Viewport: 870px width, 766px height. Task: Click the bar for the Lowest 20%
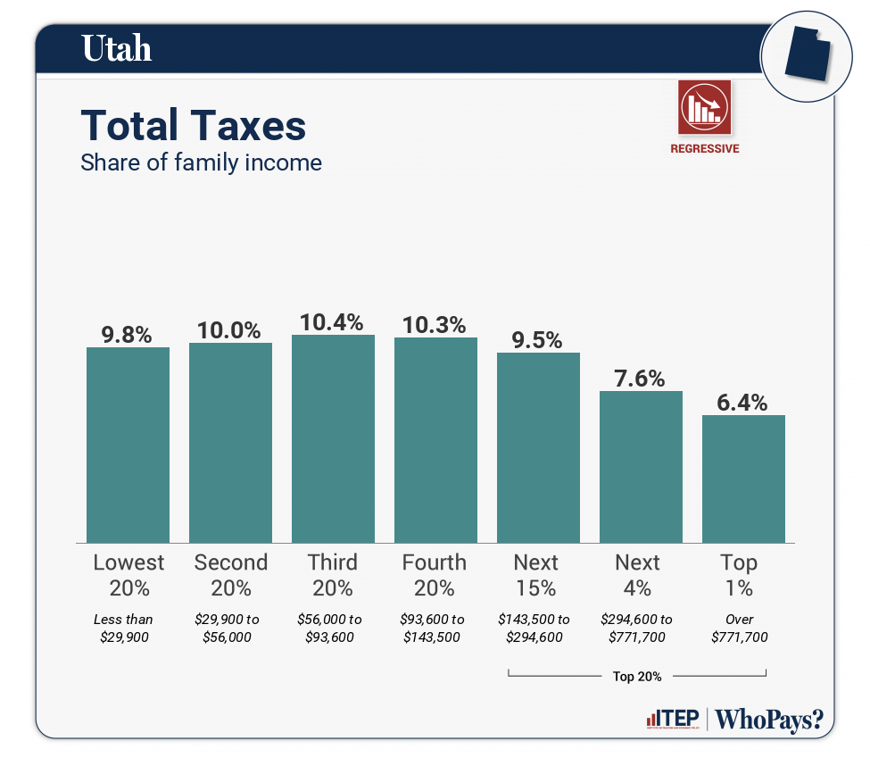pyautogui.click(x=128, y=444)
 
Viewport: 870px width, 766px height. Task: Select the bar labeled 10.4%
pyautogui.click(x=333, y=438)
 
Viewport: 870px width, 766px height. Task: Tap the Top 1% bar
pyautogui.click(x=743, y=478)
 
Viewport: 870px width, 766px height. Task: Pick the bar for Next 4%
pyautogui.click(x=641, y=466)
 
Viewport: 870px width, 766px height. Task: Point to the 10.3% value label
pyautogui.click(x=435, y=325)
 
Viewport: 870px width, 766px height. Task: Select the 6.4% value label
pyautogui.click(x=742, y=403)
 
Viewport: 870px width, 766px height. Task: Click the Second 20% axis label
pyautogui.click(x=230, y=575)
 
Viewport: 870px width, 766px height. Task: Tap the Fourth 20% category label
pyautogui.click(x=435, y=575)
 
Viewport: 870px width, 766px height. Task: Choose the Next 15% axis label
pyautogui.click(x=536, y=575)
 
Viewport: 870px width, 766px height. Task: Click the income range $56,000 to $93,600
pyautogui.click(x=332, y=628)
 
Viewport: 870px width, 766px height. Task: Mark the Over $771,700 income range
pyautogui.click(x=740, y=628)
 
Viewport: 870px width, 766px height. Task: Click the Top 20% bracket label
pyautogui.click(x=637, y=677)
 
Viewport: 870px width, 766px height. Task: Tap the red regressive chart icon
pyautogui.click(x=705, y=106)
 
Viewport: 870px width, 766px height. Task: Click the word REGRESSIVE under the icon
pyautogui.click(x=705, y=149)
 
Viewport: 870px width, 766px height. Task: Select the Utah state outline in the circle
pyautogui.click(x=805, y=55)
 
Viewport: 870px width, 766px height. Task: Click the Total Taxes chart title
pyautogui.click(x=194, y=126)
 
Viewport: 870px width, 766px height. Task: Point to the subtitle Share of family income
pyautogui.click(x=201, y=162)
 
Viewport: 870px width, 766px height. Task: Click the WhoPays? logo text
pyautogui.click(x=769, y=719)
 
